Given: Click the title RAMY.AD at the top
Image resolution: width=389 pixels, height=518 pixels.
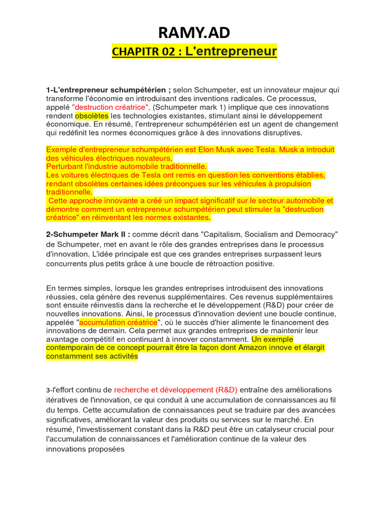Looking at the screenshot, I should [194, 33].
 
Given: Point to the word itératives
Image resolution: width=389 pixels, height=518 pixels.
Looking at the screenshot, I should [63, 399].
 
